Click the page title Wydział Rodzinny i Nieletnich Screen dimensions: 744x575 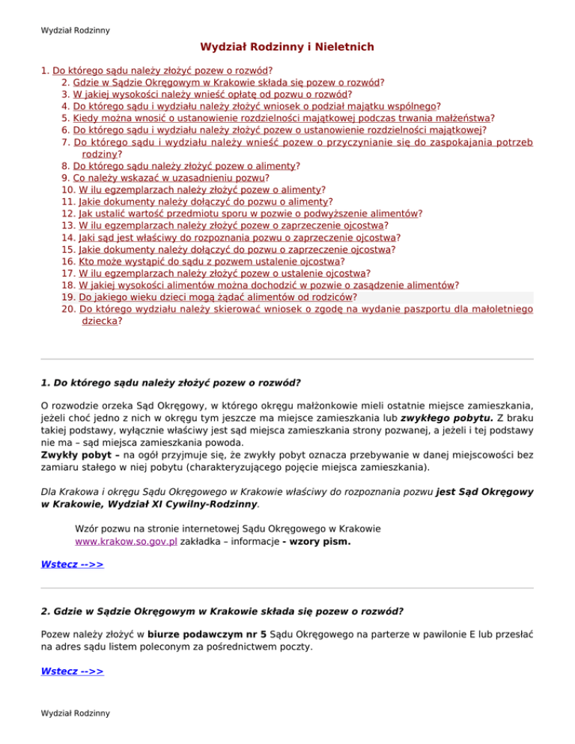pyautogui.click(x=287, y=47)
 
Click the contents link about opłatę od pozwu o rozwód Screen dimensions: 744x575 pyautogui.click(x=211, y=95)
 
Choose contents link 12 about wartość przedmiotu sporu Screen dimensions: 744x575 pyautogui.click(x=249, y=213)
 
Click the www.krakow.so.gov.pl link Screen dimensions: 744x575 pyautogui.click(x=127, y=541)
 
